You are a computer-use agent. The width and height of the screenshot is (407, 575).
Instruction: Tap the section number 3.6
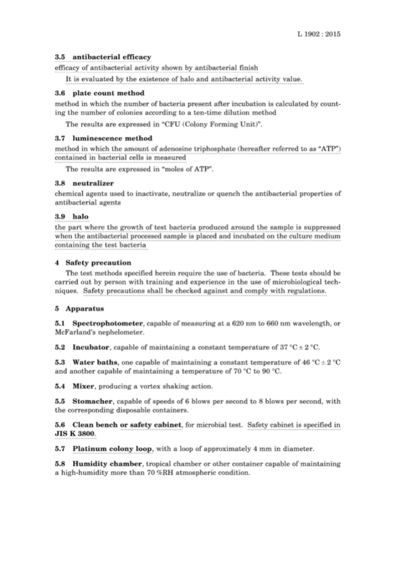click(x=60, y=93)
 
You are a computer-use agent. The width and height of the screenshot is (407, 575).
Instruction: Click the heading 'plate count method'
click(x=108, y=93)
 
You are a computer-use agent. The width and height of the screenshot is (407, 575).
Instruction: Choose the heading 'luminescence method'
click(x=112, y=138)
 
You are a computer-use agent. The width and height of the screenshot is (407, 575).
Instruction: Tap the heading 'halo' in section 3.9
click(x=81, y=217)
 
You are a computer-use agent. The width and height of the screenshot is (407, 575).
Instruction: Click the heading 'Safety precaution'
click(x=98, y=263)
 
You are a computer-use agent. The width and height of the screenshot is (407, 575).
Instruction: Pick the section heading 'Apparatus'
click(x=85, y=309)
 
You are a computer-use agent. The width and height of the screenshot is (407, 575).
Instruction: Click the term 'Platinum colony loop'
click(x=112, y=448)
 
